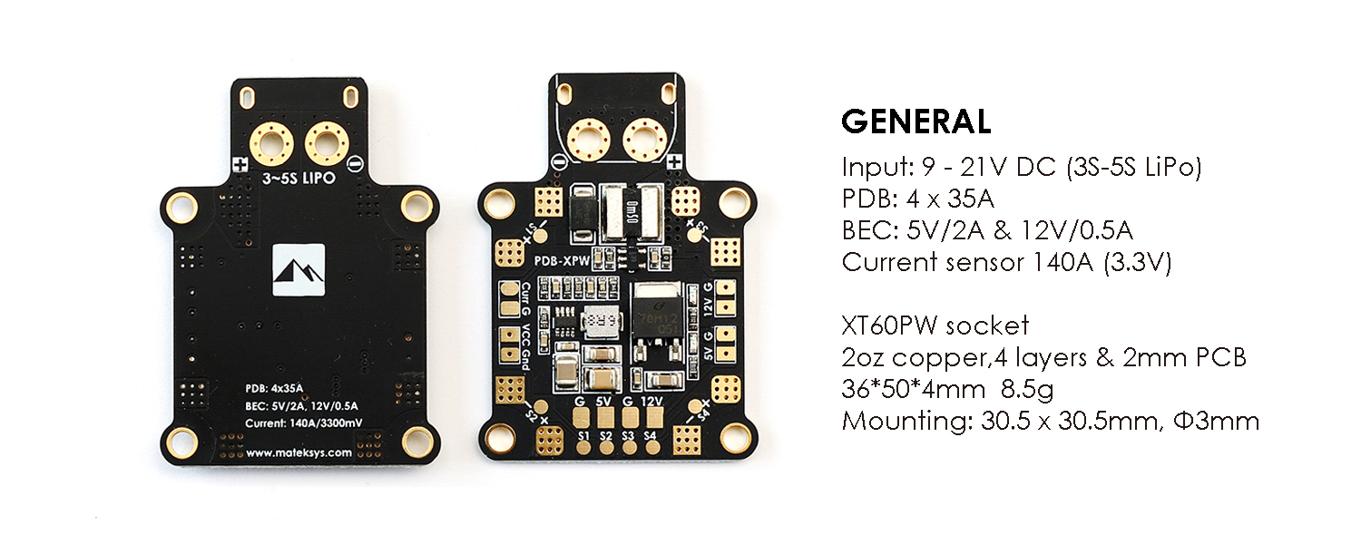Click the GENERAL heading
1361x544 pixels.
[x=915, y=121]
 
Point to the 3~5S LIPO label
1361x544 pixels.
[x=298, y=178]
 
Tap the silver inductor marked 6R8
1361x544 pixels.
[x=601, y=322]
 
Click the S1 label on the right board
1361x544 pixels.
[x=583, y=436]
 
